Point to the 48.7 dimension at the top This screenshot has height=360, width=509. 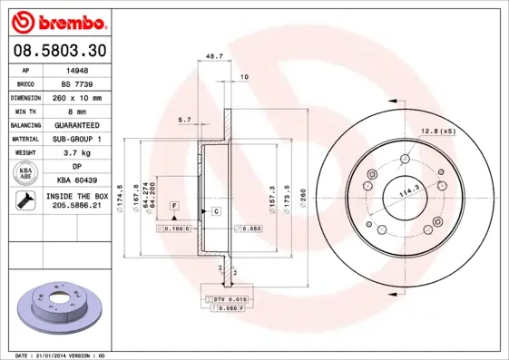(214, 56)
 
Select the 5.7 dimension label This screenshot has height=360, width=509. (184, 119)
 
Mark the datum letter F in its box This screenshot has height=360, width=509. (172, 207)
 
